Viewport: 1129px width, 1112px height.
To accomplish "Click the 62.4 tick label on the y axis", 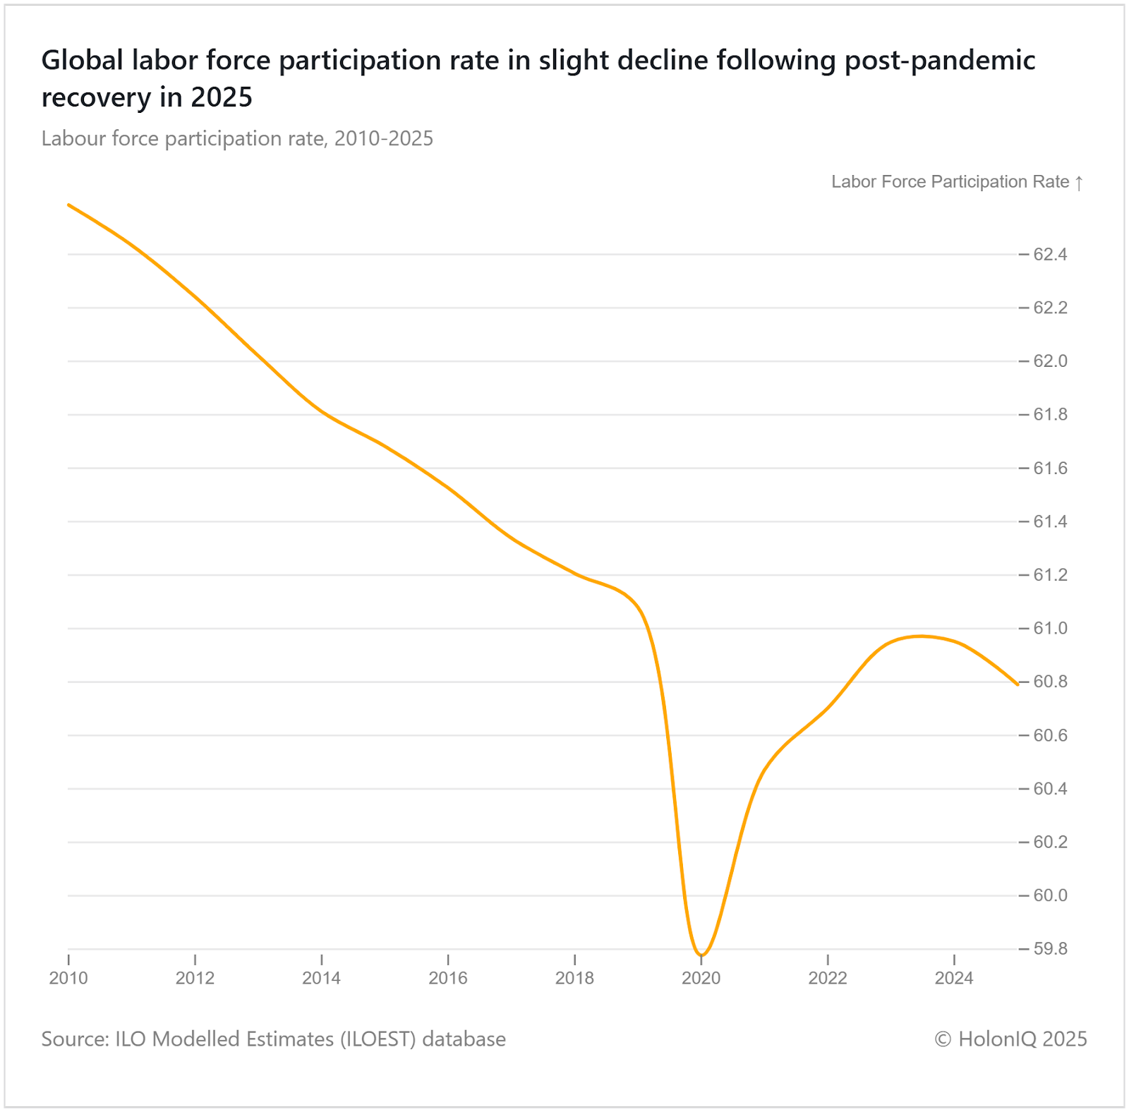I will click(x=1050, y=255).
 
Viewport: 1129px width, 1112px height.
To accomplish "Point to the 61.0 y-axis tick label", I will click(x=1050, y=629).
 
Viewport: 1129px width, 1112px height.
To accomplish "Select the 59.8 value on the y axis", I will click(x=1050, y=949).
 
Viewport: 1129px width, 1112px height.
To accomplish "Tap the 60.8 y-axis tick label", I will click(x=1050, y=682).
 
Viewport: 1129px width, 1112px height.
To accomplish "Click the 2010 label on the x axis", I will click(x=68, y=979).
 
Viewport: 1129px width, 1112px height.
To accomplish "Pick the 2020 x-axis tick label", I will click(x=701, y=979).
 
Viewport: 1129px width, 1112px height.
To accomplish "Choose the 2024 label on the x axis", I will click(x=954, y=979).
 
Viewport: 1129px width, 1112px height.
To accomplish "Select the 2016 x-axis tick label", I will click(x=448, y=979).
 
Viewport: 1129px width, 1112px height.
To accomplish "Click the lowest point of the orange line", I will click(x=701, y=955).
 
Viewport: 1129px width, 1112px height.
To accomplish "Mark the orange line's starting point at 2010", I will click(x=68, y=205).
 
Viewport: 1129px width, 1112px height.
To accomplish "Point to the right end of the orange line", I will click(x=1017, y=684).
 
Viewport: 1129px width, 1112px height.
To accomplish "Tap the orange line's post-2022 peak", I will click(x=919, y=636).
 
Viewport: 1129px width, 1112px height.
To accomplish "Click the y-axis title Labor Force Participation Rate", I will click(x=950, y=182).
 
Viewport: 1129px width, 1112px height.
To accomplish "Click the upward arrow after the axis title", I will click(x=1079, y=183).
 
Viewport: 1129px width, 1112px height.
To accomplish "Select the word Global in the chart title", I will click(x=83, y=61).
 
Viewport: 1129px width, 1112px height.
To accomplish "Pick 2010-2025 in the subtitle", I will click(x=383, y=139).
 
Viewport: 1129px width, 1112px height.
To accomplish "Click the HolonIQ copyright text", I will click(x=1010, y=1039).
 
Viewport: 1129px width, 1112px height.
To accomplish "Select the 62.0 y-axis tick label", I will click(x=1050, y=361).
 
